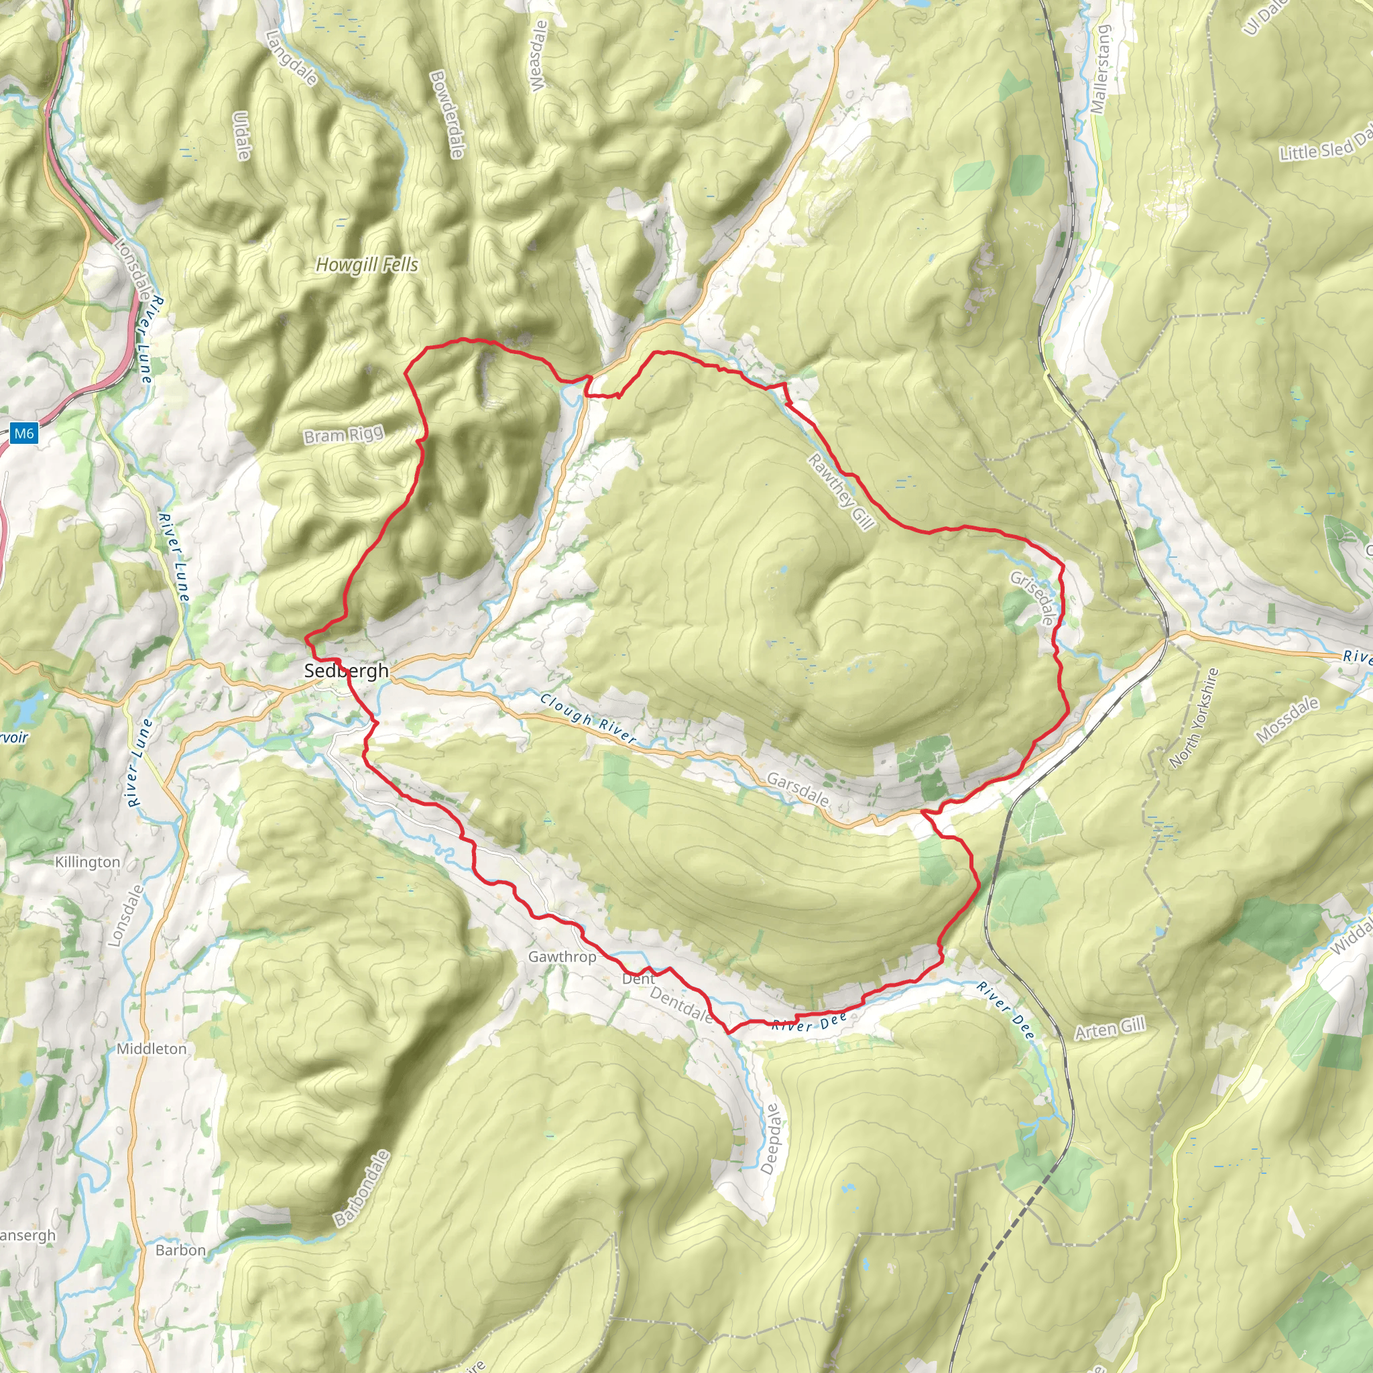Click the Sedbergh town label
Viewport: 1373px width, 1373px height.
click(346, 670)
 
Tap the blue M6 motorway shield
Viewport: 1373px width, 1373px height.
click(23, 433)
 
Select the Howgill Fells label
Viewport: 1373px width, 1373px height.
click(367, 265)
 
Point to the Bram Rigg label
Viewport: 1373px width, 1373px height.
click(343, 435)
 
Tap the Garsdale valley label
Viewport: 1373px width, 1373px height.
click(797, 790)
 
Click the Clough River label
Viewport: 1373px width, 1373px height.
click(588, 719)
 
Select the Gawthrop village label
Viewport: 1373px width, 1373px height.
click(562, 957)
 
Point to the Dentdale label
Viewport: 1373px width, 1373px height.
click(681, 1004)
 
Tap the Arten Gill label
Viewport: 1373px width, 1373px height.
click(1110, 1028)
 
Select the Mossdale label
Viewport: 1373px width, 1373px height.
click(1287, 720)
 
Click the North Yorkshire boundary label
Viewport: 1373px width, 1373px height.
click(1194, 718)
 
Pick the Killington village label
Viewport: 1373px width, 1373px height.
click(87, 862)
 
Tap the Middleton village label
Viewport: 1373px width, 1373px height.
click(152, 1049)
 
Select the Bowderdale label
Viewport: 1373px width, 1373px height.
click(447, 114)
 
